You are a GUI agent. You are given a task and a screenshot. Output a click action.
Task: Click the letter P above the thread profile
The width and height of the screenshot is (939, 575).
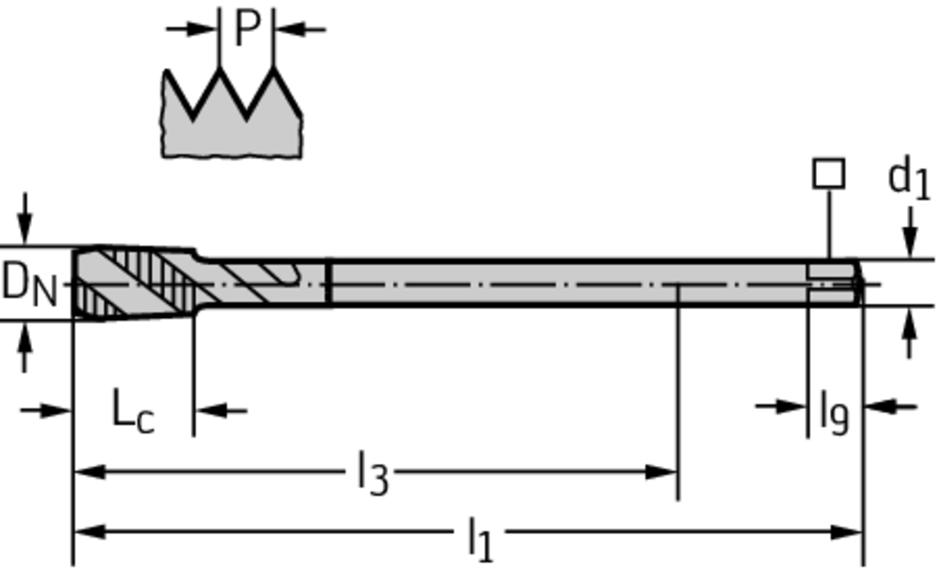coord(247,28)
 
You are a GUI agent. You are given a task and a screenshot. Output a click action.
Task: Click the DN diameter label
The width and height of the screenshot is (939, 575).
coord(30,284)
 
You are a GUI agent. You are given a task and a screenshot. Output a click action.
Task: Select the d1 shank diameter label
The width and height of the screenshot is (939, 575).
coord(909,178)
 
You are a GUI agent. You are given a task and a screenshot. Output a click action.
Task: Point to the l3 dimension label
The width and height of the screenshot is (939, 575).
coord(372,474)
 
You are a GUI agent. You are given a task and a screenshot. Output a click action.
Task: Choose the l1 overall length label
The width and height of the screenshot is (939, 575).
coord(481,538)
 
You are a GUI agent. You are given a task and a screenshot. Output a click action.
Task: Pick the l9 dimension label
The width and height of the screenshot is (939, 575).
coord(834,413)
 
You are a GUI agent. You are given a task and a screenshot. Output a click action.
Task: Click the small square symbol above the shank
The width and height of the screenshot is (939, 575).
coord(829,173)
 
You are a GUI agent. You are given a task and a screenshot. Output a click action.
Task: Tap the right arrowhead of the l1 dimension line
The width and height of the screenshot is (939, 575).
coord(846,531)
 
